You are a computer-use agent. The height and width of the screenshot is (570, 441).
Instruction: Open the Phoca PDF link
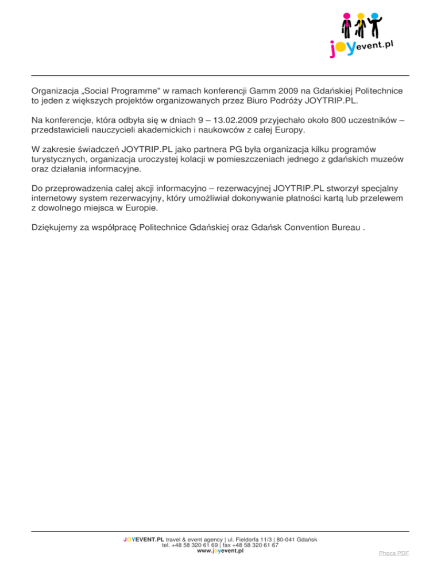pos(394,553)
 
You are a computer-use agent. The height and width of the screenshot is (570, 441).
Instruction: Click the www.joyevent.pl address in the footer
pos(220,551)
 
